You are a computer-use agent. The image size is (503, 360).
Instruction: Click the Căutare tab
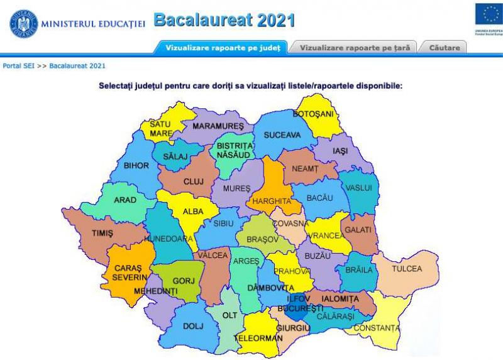click(445, 47)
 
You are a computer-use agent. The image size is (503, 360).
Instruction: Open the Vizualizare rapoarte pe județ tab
click(221, 47)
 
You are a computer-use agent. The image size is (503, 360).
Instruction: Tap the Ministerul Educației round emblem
click(23, 23)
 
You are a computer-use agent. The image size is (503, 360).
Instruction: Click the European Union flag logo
click(488, 14)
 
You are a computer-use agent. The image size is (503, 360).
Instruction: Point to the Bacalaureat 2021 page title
click(224, 21)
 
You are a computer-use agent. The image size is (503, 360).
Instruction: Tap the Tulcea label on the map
click(407, 269)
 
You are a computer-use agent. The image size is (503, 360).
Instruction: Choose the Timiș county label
click(102, 233)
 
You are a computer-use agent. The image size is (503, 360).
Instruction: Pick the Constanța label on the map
click(376, 328)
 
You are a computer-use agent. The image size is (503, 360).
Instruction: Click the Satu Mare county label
click(161, 129)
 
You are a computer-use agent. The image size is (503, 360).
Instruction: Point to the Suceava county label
click(282, 135)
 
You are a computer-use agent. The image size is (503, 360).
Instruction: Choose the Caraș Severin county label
click(130, 272)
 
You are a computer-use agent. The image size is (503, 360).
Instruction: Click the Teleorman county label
click(257, 337)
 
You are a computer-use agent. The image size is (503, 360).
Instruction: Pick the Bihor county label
click(136, 166)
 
